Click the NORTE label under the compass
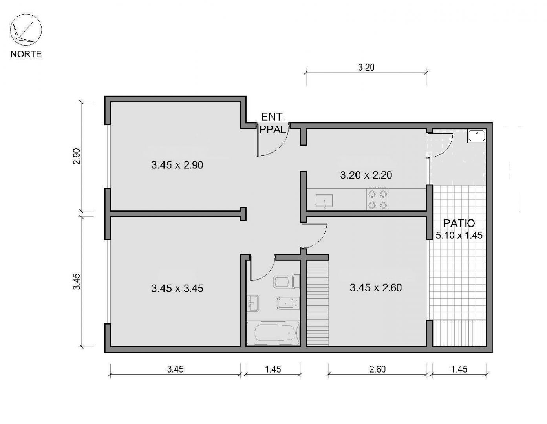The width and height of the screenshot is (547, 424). [x=26, y=54]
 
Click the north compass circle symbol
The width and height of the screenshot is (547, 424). [x=26, y=30]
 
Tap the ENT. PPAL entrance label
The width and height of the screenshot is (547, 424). [x=273, y=123]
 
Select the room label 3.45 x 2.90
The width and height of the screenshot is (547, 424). [x=177, y=165]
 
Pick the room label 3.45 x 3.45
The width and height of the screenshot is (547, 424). [x=177, y=289]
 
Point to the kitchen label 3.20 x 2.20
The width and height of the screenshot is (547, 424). [x=366, y=175]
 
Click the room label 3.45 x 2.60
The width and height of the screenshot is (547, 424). [x=375, y=288]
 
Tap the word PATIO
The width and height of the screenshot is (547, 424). [x=459, y=223]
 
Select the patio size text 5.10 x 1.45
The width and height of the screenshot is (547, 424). [x=459, y=235]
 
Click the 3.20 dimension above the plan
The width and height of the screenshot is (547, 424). [x=366, y=68]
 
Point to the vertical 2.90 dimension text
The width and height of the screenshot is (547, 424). [x=77, y=156]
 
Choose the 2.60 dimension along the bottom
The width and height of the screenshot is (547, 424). [x=377, y=369]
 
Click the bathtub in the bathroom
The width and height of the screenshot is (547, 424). [x=273, y=333]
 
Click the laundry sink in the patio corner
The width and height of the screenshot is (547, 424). [x=477, y=136]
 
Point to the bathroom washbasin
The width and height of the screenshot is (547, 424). [x=252, y=303]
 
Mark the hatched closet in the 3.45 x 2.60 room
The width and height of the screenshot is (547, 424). [x=317, y=303]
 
